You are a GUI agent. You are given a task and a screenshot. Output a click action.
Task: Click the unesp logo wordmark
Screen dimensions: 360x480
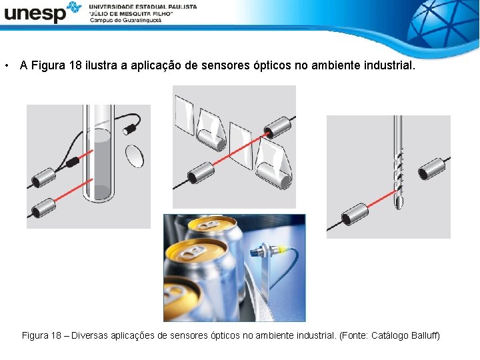coord(35,13)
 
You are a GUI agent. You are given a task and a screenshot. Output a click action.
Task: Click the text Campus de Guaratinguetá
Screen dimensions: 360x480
coord(125,20)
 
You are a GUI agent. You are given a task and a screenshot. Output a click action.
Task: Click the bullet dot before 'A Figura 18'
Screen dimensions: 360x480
coord(5,66)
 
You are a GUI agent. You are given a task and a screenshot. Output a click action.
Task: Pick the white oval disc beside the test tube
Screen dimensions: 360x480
coord(135,157)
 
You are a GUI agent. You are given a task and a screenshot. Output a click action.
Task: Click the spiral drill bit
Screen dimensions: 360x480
coord(398,163)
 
